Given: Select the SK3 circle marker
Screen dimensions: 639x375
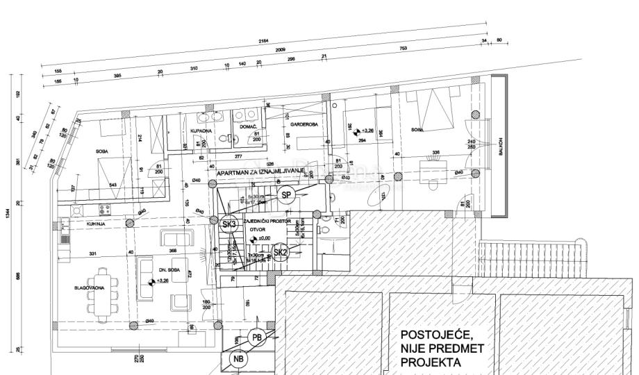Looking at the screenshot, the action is pyautogui.click(x=229, y=224).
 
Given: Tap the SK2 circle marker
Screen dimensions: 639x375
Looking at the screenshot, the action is pyautogui.click(x=281, y=253).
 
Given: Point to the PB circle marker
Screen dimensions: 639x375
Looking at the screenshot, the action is pyautogui.click(x=257, y=338).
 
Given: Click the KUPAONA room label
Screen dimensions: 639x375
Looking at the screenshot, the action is pyautogui.click(x=201, y=130).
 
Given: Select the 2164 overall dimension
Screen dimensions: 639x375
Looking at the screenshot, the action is pyautogui.click(x=264, y=42).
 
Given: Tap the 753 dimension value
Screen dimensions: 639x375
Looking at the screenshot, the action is pyautogui.click(x=403, y=48).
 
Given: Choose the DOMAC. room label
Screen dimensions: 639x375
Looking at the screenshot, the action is pyautogui.click(x=249, y=126).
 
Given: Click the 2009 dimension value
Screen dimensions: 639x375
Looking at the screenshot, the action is pyautogui.click(x=281, y=51).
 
